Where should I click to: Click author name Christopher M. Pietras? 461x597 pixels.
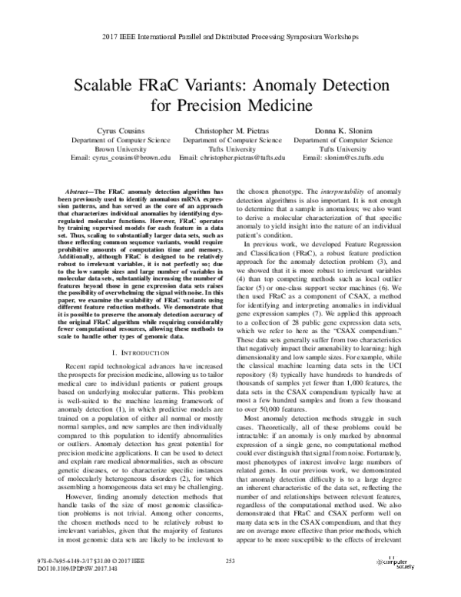point(231,130)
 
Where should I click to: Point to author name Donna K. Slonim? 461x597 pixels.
point(343,130)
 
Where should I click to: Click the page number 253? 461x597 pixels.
point(230,562)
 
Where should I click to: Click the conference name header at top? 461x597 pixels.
point(230,36)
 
